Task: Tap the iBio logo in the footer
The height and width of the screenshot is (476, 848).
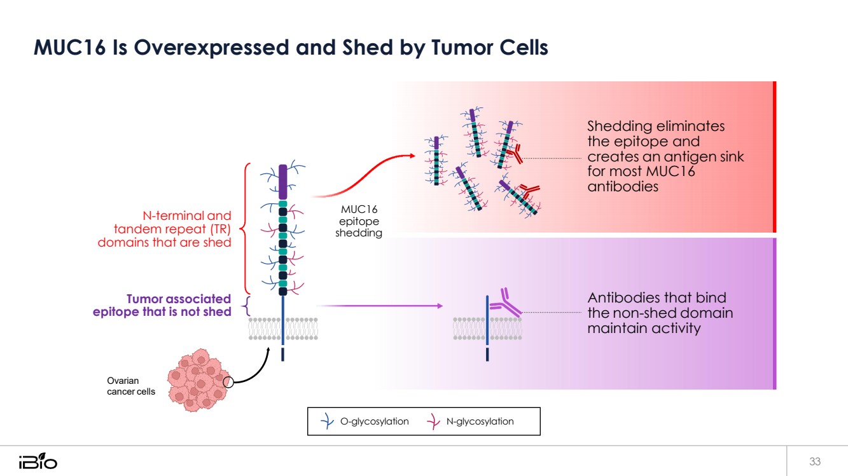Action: click(x=38, y=461)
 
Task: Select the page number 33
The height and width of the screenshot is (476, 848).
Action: click(x=815, y=461)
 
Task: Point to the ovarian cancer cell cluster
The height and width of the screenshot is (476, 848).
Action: click(x=195, y=379)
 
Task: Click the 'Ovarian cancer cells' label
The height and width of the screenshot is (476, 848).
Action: click(x=130, y=386)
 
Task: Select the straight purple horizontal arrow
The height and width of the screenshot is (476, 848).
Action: click(x=379, y=306)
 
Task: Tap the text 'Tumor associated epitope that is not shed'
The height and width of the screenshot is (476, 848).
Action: click(x=162, y=305)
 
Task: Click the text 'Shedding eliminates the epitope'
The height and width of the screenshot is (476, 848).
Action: click(x=655, y=133)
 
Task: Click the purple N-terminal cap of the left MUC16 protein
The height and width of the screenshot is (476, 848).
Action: click(x=283, y=182)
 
